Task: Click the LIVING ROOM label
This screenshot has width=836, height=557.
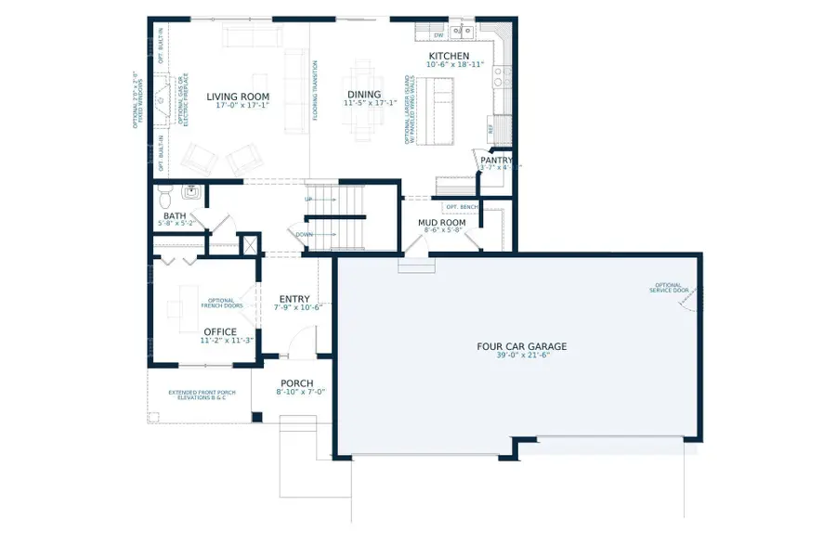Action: (238, 97)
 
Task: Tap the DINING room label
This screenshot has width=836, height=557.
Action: (363, 95)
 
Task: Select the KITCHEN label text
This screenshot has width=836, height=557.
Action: (449, 56)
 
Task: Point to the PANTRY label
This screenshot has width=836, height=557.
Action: (496, 160)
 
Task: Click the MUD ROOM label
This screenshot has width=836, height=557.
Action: (442, 223)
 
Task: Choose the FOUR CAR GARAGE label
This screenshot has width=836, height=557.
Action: (521, 346)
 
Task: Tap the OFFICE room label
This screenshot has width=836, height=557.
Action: (220, 331)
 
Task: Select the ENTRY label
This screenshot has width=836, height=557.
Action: (294, 299)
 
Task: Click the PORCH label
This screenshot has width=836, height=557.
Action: (296, 383)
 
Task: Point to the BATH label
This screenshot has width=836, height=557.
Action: (175, 215)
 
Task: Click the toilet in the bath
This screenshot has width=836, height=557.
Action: (165, 196)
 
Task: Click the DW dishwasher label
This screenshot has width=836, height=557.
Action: (438, 34)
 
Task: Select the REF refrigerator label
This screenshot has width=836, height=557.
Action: (491, 129)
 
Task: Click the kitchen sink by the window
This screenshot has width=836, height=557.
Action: (463, 33)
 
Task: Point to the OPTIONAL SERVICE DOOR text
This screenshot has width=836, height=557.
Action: (667, 288)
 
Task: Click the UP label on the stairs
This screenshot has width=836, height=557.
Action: (308, 200)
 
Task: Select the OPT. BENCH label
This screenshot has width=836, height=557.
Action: (460, 206)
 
